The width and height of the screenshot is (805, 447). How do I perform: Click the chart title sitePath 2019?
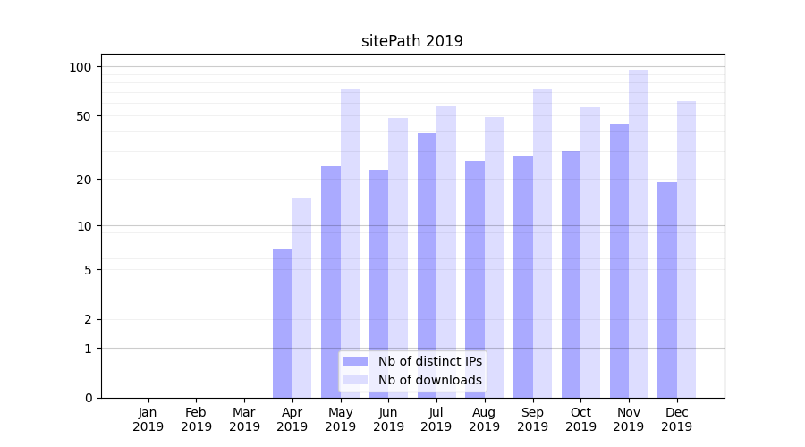tap(411, 41)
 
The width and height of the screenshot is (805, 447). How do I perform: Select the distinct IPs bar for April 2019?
tap(283, 323)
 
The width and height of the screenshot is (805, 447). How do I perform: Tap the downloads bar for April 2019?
tap(301, 298)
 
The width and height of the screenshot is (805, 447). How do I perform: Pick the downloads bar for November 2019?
tap(638, 233)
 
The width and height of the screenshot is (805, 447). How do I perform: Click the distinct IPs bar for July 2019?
tap(427, 266)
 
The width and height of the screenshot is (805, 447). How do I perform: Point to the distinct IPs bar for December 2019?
tap(667, 290)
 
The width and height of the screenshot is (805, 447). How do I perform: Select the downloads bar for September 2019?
tap(542, 243)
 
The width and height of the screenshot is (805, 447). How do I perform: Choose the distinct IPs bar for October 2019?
tap(571, 274)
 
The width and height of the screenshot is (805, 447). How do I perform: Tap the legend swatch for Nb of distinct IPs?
tap(356, 361)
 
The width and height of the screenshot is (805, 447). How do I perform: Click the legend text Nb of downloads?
tap(430, 380)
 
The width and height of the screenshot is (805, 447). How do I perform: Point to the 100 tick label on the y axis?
tap(80, 67)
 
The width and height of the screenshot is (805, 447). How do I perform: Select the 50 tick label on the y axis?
tap(84, 116)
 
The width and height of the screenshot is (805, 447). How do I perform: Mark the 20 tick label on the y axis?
tap(84, 180)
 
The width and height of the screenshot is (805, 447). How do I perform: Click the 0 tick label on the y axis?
tap(88, 398)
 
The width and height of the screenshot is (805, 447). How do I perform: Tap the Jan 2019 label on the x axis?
tap(148, 419)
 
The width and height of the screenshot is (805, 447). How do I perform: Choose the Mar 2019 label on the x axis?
tap(244, 419)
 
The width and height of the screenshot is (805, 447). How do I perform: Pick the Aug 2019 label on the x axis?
tap(485, 419)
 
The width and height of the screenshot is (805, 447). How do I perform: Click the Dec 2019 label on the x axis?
tap(676, 419)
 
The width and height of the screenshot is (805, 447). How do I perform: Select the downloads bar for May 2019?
tap(350, 243)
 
